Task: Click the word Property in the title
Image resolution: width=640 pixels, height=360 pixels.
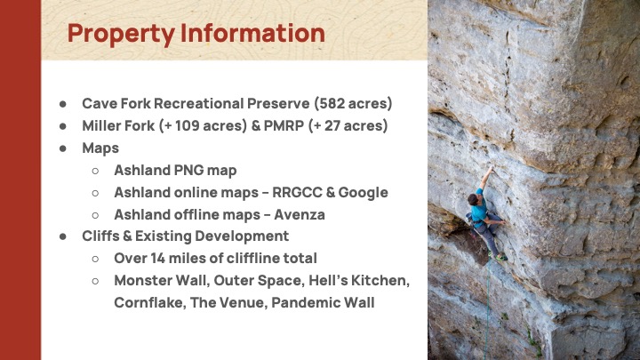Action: click(121, 35)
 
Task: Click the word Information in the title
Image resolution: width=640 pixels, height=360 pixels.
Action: click(252, 33)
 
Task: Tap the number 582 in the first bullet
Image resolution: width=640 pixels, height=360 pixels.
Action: click(329, 103)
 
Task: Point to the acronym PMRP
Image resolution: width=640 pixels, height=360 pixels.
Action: click(284, 125)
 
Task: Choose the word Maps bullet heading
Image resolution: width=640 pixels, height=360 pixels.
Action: click(100, 148)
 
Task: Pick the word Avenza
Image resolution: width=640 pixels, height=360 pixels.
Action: click(300, 214)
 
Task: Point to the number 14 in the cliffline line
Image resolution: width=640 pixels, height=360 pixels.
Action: click(157, 259)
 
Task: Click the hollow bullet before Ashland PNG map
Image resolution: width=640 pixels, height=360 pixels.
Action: click(95, 171)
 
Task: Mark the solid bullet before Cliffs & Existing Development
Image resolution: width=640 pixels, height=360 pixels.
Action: click(63, 236)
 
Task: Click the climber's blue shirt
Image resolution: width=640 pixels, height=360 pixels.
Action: click(479, 207)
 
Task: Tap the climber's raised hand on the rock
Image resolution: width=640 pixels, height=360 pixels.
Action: click(491, 169)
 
